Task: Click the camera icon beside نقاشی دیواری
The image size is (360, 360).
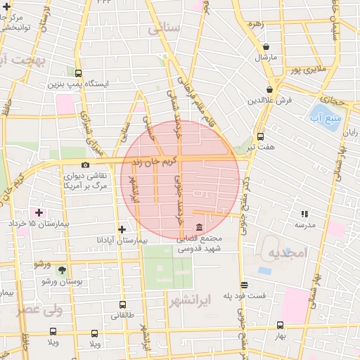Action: (85, 165)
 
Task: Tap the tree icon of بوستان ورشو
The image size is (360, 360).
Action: (62, 269)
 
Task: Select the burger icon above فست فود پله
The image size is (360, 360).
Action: (244, 285)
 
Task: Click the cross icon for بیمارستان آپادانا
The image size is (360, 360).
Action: (122, 229)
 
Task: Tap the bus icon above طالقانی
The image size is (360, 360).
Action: (123, 305)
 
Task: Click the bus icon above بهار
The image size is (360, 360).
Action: (280, 325)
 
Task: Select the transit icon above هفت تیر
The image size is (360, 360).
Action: (260, 137)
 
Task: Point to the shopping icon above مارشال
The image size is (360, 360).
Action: (266, 46)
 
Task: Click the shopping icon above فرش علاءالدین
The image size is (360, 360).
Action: (270, 89)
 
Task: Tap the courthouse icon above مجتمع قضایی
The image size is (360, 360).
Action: (199, 228)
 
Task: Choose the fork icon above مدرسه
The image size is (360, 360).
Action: (304, 214)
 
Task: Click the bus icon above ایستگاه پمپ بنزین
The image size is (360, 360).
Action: (77, 72)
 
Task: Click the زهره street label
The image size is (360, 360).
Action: (255, 23)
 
